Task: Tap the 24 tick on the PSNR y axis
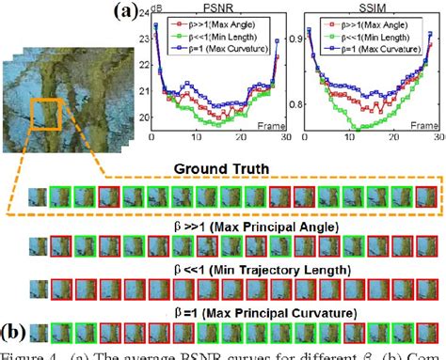point(141,13)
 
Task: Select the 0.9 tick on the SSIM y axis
point(303,37)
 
